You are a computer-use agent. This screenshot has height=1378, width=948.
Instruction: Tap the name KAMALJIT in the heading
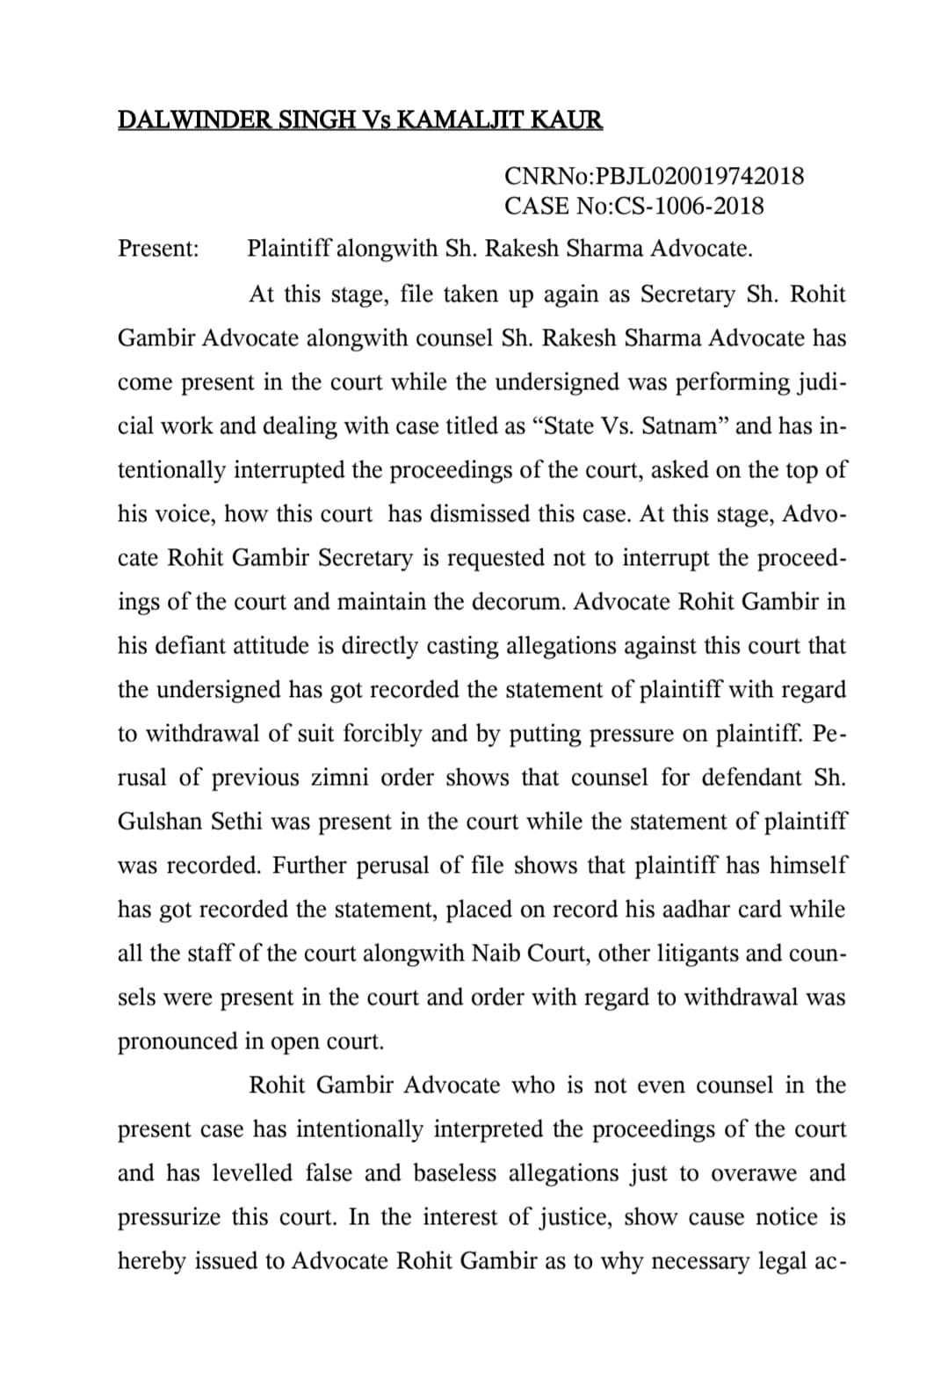tap(467, 120)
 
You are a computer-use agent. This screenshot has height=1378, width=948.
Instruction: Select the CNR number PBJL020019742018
tap(699, 176)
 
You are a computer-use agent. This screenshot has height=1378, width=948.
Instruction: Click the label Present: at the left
tap(159, 249)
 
